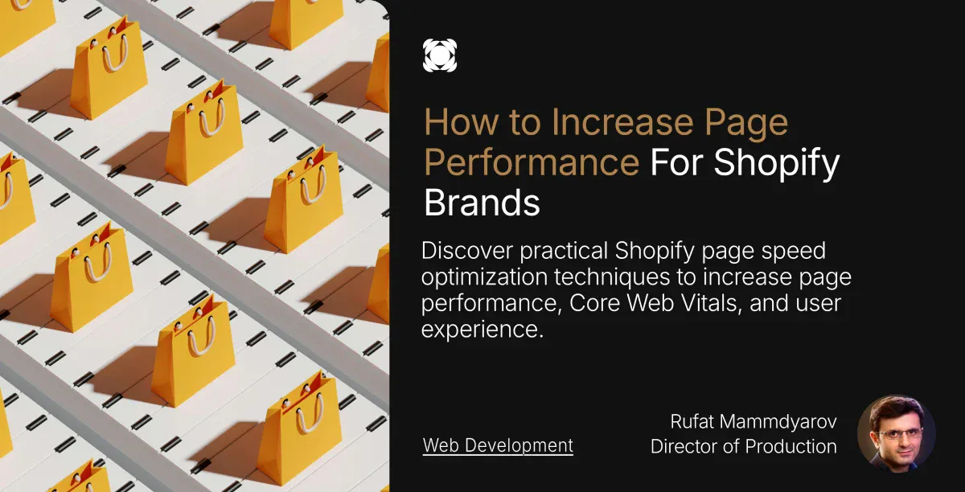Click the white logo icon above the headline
(x=439, y=55)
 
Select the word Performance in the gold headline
(x=532, y=162)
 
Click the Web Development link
(x=498, y=445)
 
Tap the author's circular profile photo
(x=896, y=433)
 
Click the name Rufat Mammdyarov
(x=754, y=421)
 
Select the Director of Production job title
(x=744, y=446)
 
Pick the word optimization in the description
(x=484, y=277)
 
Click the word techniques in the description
(x=612, y=277)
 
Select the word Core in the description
(x=594, y=303)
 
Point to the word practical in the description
(x=564, y=252)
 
